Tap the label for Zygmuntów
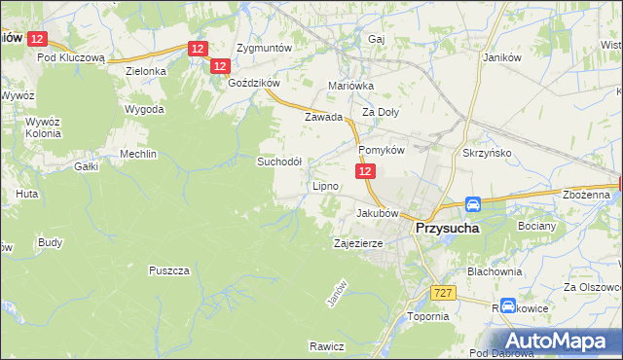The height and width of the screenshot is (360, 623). click(264, 47)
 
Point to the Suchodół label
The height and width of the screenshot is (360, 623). click(279, 162)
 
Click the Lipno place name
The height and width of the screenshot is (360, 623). click(324, 185)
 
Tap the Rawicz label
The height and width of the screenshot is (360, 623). click(327, 345)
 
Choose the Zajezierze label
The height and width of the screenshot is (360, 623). click(362, 243)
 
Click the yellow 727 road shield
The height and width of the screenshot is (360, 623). click(443, 291)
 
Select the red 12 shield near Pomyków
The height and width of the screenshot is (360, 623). click(364, 171)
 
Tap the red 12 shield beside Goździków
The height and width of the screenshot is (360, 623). click(219, 66)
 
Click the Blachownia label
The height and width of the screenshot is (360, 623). click(495, 271)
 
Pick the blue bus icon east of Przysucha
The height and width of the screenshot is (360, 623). click(472, 205)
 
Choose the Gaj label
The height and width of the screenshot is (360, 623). click(377, 39)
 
